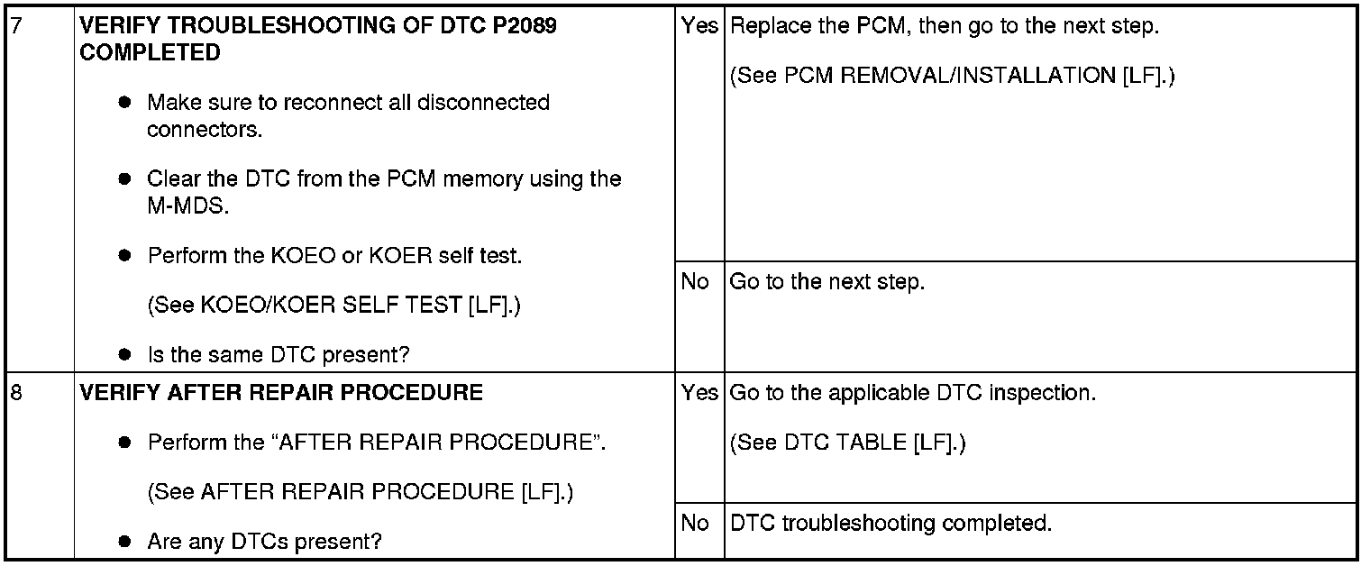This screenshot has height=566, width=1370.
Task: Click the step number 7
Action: [14, 25]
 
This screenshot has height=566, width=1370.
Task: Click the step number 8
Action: [14, 393]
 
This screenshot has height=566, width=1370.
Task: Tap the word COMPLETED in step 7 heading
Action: [150, 52]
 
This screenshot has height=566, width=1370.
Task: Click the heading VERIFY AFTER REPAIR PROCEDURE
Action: [281, 393]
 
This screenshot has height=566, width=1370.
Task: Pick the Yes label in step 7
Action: [699, 25]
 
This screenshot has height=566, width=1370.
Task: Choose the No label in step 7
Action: [695, 282]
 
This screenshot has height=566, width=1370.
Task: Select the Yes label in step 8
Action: [699, 393]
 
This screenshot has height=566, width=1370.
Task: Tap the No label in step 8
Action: [695, 523]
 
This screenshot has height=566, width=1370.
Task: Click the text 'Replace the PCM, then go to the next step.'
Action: [945, 25]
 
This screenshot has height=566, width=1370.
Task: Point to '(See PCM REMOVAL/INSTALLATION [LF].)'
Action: [952, 76]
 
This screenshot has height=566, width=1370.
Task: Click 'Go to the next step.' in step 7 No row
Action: [827, 282]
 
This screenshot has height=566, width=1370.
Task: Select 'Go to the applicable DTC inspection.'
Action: [912, 393]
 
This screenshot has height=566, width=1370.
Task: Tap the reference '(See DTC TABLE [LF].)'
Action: [847, 443]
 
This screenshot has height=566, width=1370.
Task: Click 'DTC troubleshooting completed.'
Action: [890, 523]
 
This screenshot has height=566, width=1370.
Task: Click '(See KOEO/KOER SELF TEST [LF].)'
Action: [333, 306]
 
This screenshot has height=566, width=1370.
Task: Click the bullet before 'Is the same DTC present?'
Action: [126, 355]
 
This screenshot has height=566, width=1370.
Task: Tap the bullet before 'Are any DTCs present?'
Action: [126, 543]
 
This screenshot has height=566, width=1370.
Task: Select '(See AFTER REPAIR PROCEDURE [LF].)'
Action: [361, 492]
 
